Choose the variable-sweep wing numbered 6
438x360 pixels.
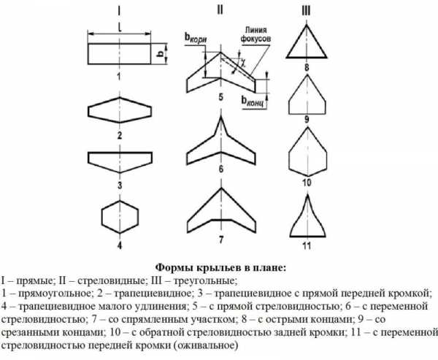pos(219,143)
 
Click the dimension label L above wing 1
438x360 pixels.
pos(118,24)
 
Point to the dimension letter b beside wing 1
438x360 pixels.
pos(161,55)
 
